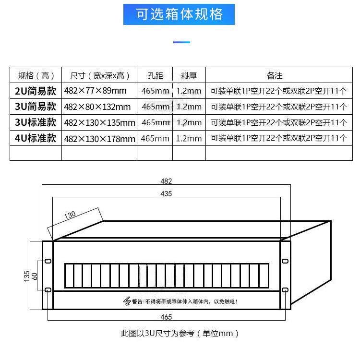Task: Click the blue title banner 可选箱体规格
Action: point(180,14)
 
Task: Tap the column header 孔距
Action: point(155,75)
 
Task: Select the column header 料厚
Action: point(189,75)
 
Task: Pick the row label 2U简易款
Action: point(36,91)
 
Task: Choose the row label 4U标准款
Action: point(36,138)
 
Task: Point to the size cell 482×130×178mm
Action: point(99,139)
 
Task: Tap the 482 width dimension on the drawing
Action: point(166,181)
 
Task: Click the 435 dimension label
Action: point(166,193)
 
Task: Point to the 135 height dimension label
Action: point(27,276)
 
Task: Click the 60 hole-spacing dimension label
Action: point(35,276)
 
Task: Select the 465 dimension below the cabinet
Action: point(166,317)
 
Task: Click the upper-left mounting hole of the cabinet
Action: point(48,262)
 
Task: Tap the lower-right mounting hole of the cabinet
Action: point(285,290)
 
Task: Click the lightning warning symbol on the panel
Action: point(127,301)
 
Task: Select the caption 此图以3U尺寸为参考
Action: point(180,333)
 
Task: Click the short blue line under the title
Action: point(181,42)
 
